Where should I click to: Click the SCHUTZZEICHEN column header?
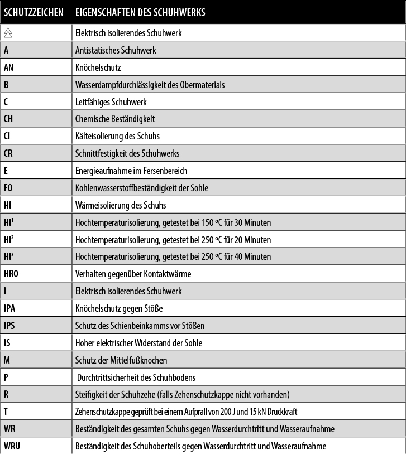(x=33, y=12)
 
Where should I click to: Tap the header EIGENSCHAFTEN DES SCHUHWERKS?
(x=140, y=12)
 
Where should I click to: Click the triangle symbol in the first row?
(x=8, y=33)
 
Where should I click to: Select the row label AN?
(x=8, y=67)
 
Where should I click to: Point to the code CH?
(x=8, y=119)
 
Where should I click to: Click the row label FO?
(x=8, y=188)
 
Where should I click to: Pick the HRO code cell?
(x=11, y=274)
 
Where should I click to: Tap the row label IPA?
(x=9, y=308)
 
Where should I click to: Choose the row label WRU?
(x=12, y=446)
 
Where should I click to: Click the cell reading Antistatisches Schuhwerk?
(x=116, y=50)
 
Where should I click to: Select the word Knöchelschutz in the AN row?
(x=98, y=67)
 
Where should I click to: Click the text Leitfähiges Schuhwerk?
(x=111, y=102)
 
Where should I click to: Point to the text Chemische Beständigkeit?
(x=115, y=119)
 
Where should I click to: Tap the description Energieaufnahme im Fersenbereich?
(x=131, y=171)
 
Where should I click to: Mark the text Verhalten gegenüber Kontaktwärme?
(x=133, y=274)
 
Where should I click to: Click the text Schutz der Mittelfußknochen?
(x=121, y=360)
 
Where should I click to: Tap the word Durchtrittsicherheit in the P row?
(x=109, y=377)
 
